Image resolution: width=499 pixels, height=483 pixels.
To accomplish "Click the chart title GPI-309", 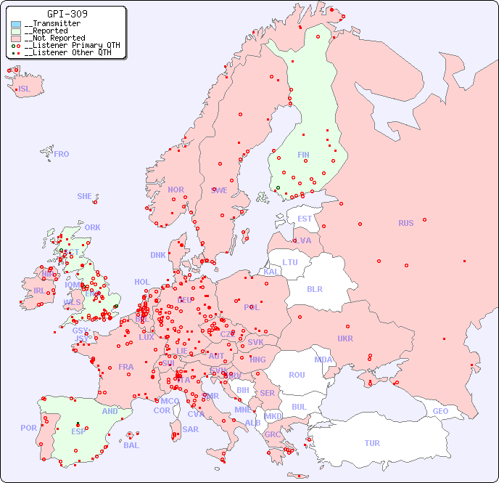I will pos(67,14).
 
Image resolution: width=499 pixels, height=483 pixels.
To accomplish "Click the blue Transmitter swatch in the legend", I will pos(16,24).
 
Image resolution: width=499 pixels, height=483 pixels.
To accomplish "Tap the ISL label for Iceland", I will pos(25,89).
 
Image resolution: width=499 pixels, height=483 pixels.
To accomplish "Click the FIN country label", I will pos(303,155).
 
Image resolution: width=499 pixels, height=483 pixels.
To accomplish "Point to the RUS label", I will pos(405,223).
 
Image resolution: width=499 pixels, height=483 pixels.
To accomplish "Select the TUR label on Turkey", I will pos(372,443).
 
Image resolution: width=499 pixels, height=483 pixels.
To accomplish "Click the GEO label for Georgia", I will pos(440,411).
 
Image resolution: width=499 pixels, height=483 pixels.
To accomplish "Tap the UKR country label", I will pos(345,338).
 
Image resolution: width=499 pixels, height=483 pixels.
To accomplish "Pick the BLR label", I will pos(315,288).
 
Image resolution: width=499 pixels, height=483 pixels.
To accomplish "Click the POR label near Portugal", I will pos(28,428).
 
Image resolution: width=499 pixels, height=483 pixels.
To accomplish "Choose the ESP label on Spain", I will pos(78,431).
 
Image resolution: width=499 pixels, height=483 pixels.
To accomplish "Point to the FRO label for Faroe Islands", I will pos(62,154).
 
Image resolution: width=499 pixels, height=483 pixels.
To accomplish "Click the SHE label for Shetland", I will pos(85,196).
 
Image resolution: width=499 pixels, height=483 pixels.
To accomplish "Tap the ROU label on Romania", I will pos(297,375).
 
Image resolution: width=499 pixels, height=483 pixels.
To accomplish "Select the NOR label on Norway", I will pos(176,190).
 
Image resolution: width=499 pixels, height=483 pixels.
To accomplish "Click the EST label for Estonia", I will pos(305,219).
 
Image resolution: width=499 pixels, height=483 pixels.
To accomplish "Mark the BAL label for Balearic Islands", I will pos(131,445).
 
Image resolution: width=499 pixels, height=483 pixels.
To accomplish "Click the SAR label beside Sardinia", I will pos(190,429).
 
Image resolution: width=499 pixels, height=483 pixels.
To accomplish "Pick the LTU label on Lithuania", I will pos(290,262).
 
